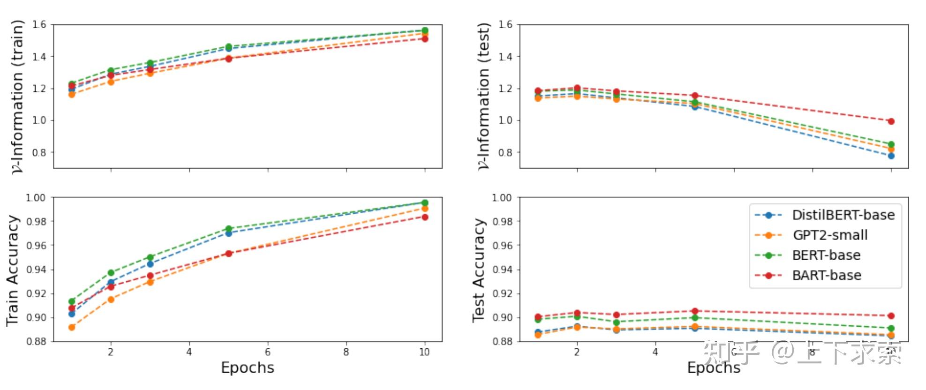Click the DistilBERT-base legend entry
pyautogui.click(x=843, y=215)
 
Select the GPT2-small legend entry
pyautogui.click(x=830, y=235)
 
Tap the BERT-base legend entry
pyautogui.click(x=826, y=255)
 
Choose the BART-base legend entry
pyautogui.click(x=827, y=276)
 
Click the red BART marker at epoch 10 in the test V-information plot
pyautogui.click(x=891, y=121)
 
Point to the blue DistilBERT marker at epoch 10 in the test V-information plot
pyautogui.click(x=891, y=156)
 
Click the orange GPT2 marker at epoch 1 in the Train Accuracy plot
pyautogui.click(x=72, y=327)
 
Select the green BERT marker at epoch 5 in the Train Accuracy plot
pyautogui.click(x=228, y=229)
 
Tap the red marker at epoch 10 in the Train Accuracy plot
pyautogui.click(x=425, y=217)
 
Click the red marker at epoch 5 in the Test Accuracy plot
pyautogui.click(x=695, y=311)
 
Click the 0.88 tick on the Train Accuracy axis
pyautogui.click(x=37, y=342)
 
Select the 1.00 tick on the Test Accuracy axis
pyautogui.click(x=502, y=198)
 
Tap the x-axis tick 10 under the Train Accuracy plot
pyautogui.click(x=424, y=352)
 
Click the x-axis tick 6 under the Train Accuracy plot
pyautogui.click(x=268, y=352)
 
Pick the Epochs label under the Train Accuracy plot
pyautogui.click(x=248, y=368)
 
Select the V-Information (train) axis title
pyautogui.click(x=17, y=96)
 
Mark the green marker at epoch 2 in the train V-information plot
pyautogui.click(x=111, y=71)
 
